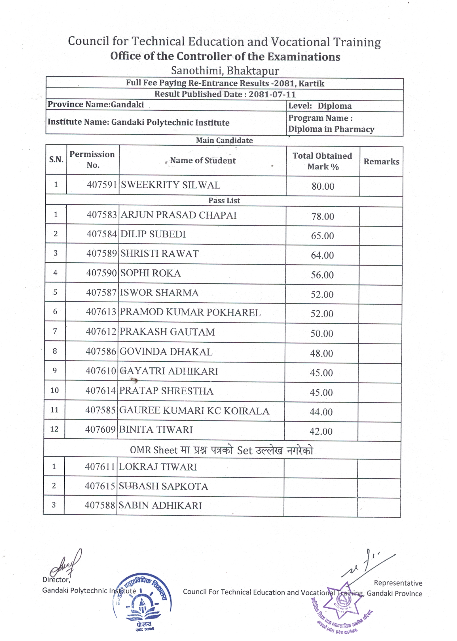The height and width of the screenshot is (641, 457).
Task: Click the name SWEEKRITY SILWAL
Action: [170, 185]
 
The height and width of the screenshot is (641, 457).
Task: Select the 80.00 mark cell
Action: [323, 186]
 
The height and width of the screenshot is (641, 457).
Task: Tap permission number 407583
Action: [102, 215]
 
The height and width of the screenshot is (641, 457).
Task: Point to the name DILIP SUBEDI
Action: [153, 234]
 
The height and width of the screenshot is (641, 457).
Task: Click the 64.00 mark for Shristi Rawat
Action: [322, 255]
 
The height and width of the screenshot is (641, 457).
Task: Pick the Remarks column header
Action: [381, 162]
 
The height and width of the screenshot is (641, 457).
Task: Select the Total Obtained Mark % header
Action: [323, 161]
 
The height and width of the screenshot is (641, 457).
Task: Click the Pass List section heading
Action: [224, 201]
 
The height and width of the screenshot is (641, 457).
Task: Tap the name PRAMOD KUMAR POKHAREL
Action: [190, 312]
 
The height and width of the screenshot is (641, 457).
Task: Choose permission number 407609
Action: [100, 430]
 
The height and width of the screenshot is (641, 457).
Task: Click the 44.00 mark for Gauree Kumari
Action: [321, 412]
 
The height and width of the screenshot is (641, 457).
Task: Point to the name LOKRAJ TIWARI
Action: [158, 467]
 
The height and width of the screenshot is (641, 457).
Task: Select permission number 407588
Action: [100, 505]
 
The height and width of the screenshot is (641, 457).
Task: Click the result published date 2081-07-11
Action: [272, 94]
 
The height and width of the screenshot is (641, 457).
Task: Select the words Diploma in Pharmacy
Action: [331, 129]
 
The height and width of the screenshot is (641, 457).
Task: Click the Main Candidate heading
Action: [224, 140]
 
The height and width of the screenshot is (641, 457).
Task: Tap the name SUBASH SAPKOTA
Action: [163, 486]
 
